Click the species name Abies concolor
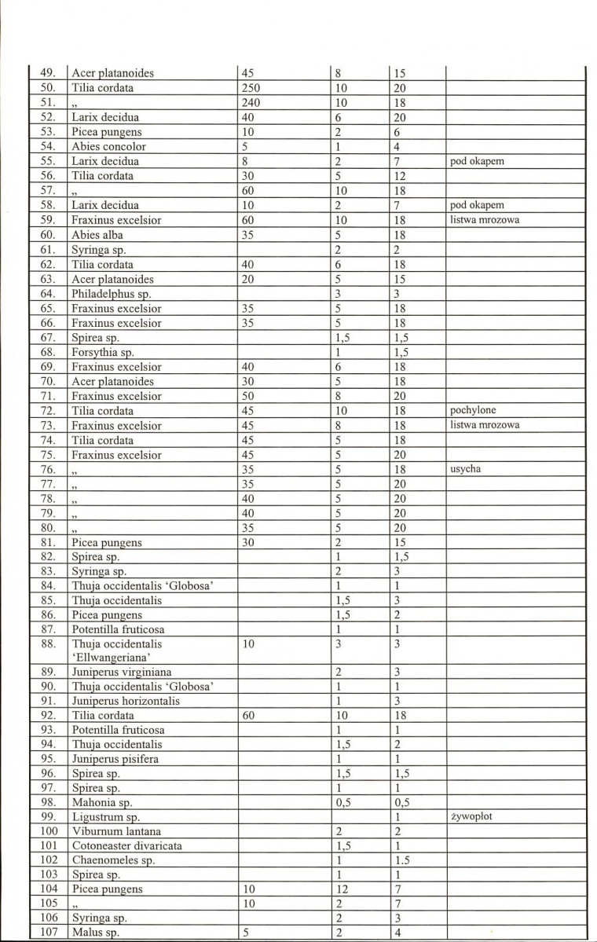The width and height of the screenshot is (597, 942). click(x=108, y=147)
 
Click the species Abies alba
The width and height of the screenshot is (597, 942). click(x=97, y=235)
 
